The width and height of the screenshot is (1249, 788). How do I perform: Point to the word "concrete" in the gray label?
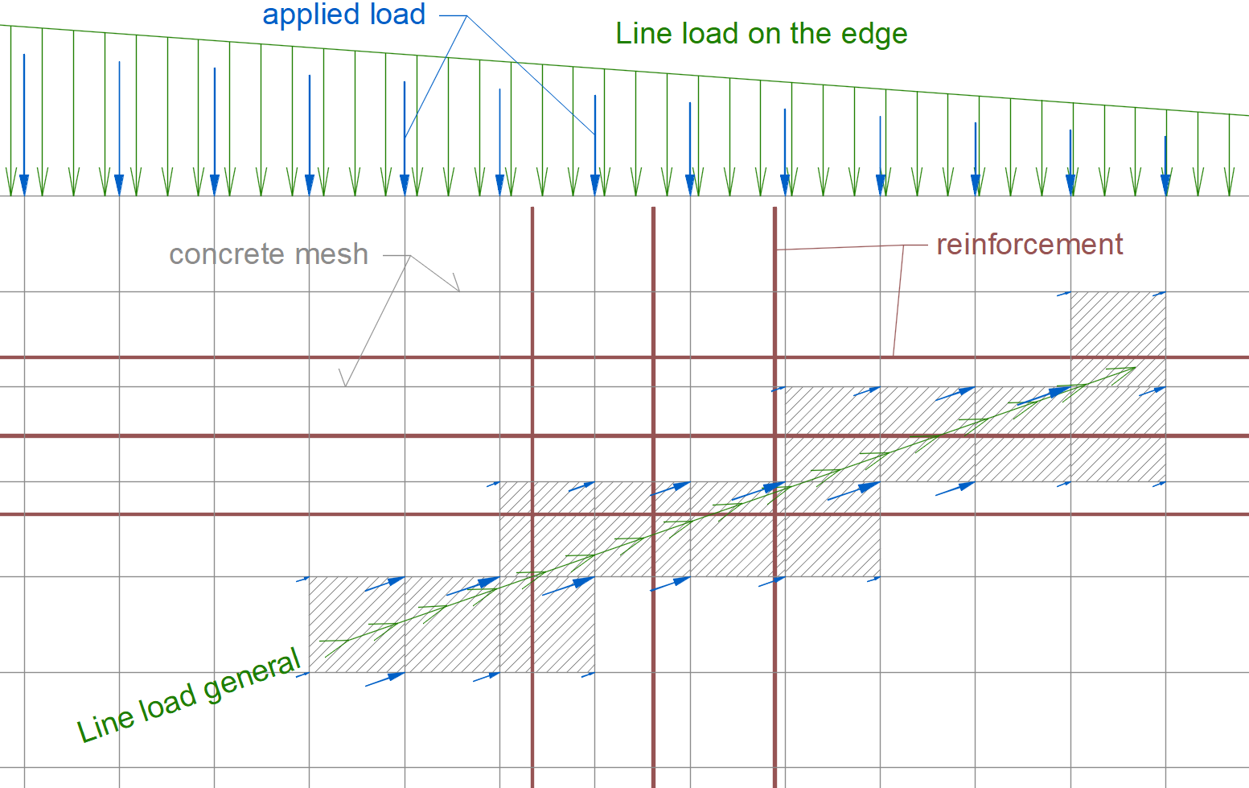tap(228, 254)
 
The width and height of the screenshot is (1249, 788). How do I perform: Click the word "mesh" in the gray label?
tap(331, 254)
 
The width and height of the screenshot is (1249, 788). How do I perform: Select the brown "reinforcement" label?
tap(1029, 244)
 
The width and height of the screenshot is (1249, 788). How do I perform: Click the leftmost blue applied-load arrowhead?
tap(24, 185)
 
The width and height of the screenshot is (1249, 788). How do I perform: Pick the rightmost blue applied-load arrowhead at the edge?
tap(1165, 185)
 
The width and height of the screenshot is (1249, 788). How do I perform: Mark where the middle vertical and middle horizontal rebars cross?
tap(653, 436)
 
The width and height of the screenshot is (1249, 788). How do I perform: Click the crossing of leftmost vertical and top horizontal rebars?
tap(532, 357)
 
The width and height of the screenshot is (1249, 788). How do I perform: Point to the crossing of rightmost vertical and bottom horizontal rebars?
tap(775, 514)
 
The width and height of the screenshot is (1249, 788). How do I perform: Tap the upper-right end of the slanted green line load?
tap(1135, 368)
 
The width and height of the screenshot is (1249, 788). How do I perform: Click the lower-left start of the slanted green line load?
tap(321, 642)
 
